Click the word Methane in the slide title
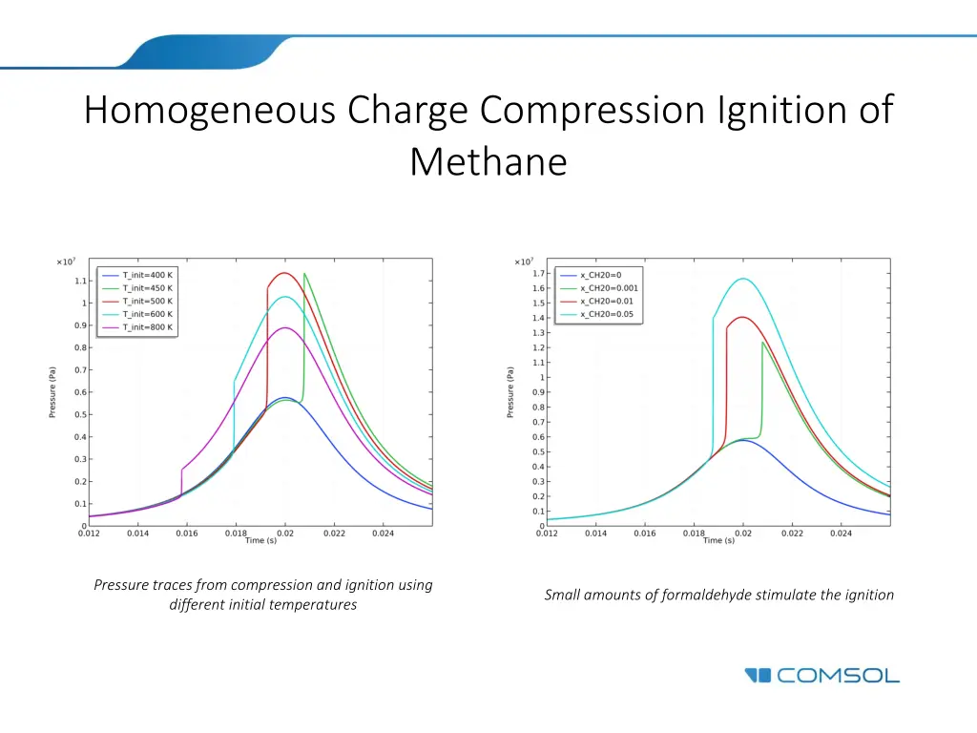coord(488,161)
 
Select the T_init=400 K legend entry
coord(148,274)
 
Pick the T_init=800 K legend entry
coord(148,327)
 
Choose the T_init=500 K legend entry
coord(148,301)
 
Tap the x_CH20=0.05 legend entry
coord(607,314)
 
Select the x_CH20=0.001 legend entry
coord(610,287)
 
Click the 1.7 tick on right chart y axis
coord(539,274)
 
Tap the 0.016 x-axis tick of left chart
coord(187,534)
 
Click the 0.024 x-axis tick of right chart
coord(841,534)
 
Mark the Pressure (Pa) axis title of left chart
coord(53,392)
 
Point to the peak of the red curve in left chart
coord(283,273)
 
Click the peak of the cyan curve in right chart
coord(742,279)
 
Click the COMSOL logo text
coord(837,676)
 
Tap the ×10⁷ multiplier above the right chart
coord(524,262)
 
